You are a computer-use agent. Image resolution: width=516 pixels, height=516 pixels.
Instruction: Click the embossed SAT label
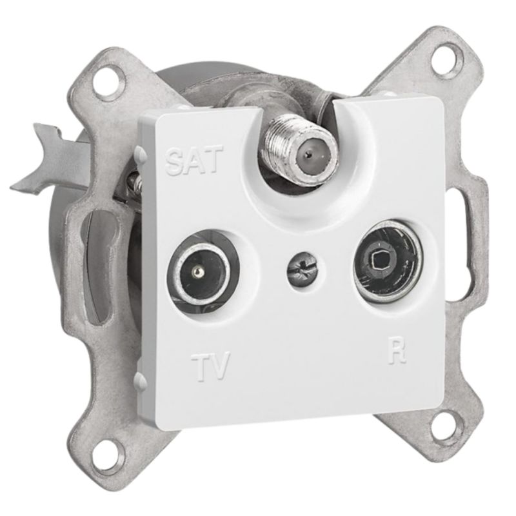pyautogui.click(x=192, y=160)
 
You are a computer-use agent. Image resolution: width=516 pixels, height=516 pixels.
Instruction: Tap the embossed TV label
pyautogui.click(x=210, y=366)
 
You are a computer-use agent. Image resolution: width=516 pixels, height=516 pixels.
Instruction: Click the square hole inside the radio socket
pyautogui.click(x=381, y=263)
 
